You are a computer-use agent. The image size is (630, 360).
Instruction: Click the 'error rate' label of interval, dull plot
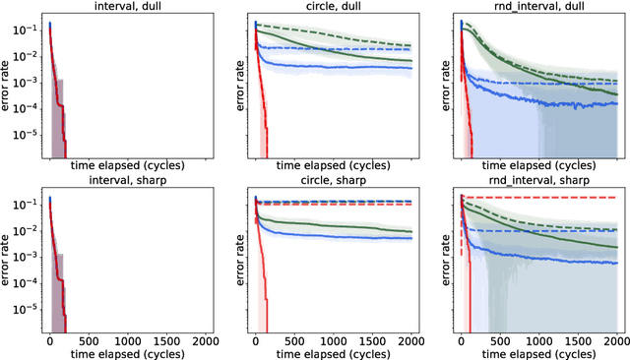pyautogui.click(x=7, y=87)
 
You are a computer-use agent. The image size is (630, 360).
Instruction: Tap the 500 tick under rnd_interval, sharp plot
pyautogui.click(x=499, y=337)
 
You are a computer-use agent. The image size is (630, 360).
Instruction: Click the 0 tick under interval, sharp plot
pyautogui.click(x=49, y=337)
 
